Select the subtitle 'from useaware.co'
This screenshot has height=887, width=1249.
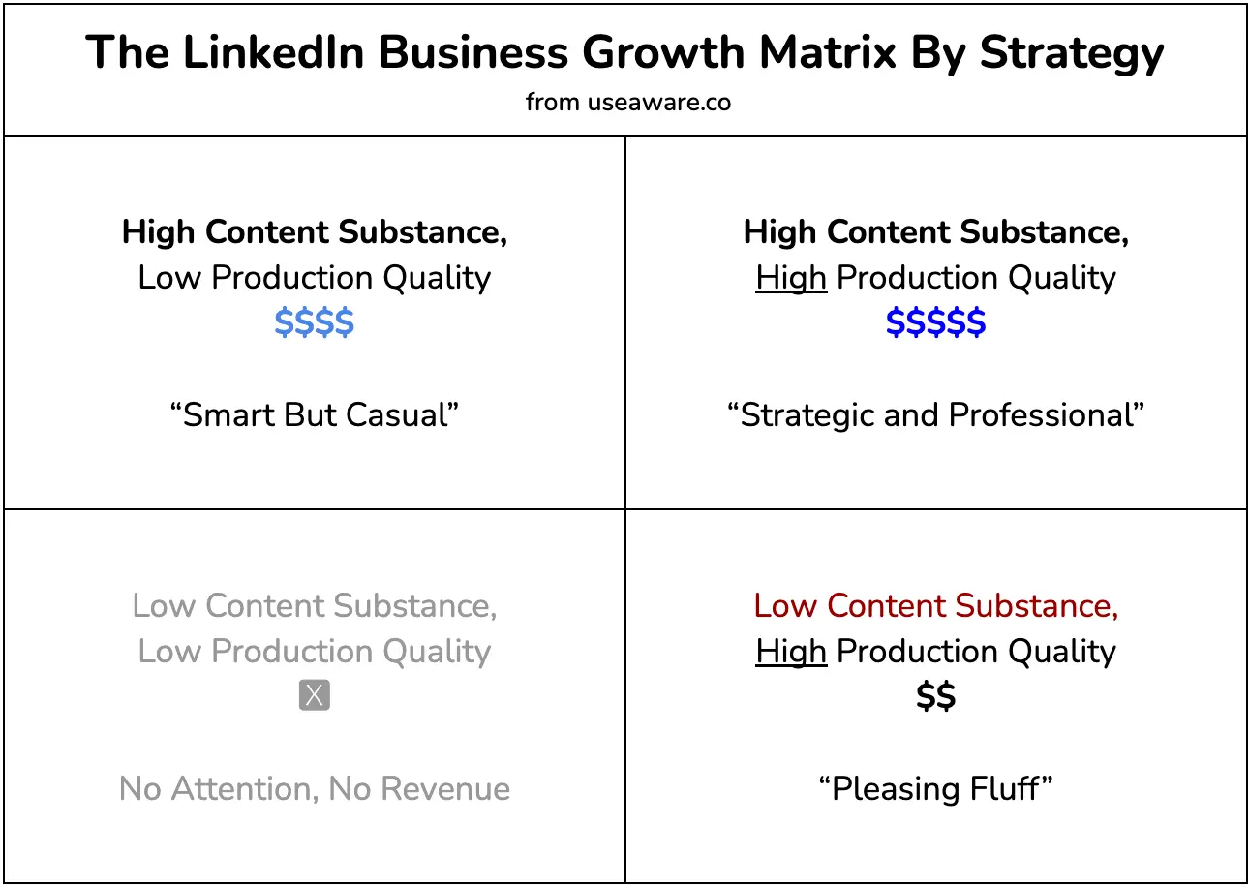[x=627, y=102]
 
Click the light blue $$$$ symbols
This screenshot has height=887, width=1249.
[x=315, y=322]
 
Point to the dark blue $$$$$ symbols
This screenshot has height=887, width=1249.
[x=935, y=322]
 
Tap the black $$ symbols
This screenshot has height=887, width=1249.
[x=935, y=696]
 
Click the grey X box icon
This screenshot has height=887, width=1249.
[x=315, y=695]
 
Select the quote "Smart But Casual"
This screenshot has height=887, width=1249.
[x=315, y=414]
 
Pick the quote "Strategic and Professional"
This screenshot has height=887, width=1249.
[x=935, y=414]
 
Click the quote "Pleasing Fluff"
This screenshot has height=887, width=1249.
[x=935, y=788]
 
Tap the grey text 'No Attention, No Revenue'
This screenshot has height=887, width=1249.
[x=315, y=788]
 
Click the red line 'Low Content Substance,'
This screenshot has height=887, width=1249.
[x=935, y=605]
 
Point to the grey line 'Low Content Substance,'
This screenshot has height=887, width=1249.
[x=315, y=605]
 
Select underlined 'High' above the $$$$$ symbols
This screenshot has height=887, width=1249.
[x=791, y=278]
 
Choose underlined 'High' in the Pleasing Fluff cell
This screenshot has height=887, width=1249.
[x=791, y=651]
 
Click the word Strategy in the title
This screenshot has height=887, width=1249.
[x=1072, y=54]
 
